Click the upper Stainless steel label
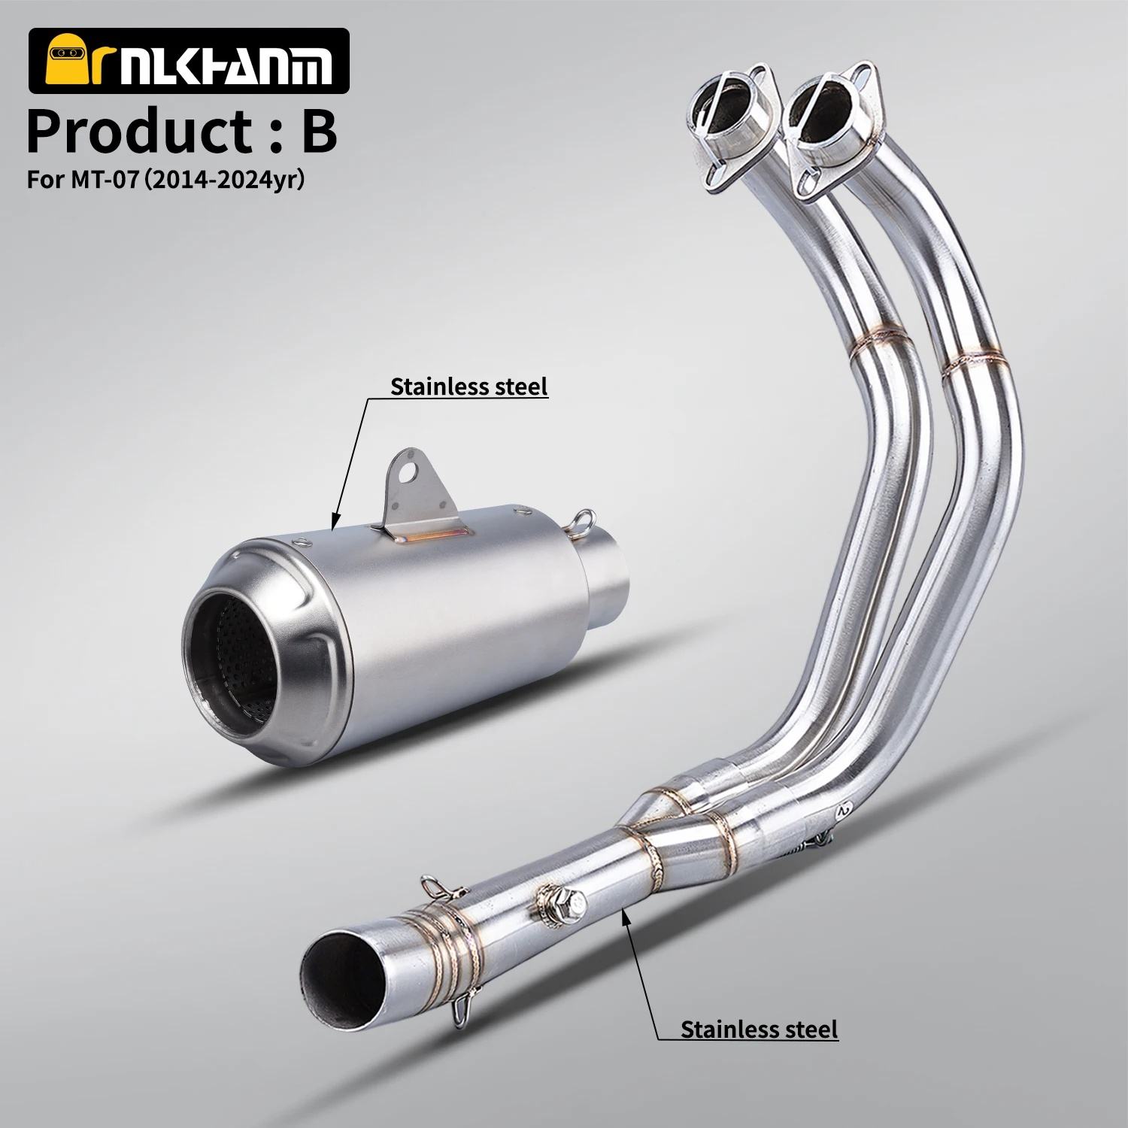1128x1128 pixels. [x=469, y=387]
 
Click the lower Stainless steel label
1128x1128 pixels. [x=759, y=1028]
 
